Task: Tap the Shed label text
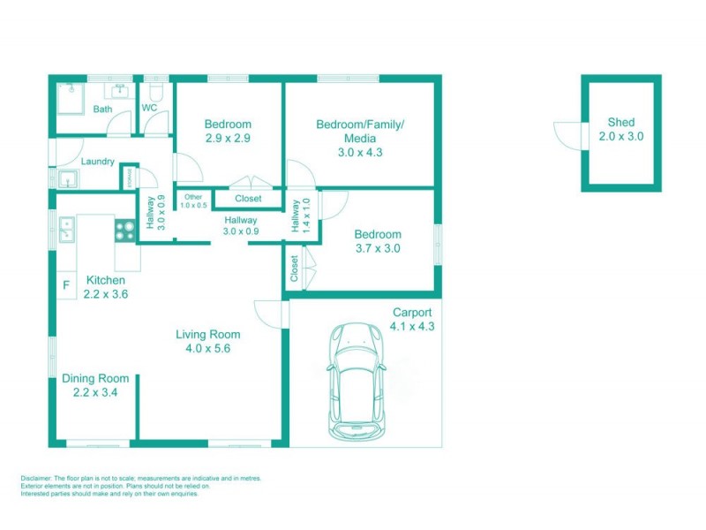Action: coord(621,123)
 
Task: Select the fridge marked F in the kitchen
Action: coord(65,286)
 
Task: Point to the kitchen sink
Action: coord(65,229)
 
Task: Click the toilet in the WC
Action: coord(155,93)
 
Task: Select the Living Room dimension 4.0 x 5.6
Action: coord(207,348)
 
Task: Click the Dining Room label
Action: coord(95,378)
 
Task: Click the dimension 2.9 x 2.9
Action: coord(228,139)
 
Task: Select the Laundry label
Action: coord(97,162)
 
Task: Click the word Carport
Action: coord(411,313)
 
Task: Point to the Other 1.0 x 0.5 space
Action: coord(193,201)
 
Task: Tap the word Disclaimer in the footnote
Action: coord(37,478)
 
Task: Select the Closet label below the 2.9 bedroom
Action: coord(248,199)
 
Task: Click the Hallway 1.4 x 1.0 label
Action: coord(300,215)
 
